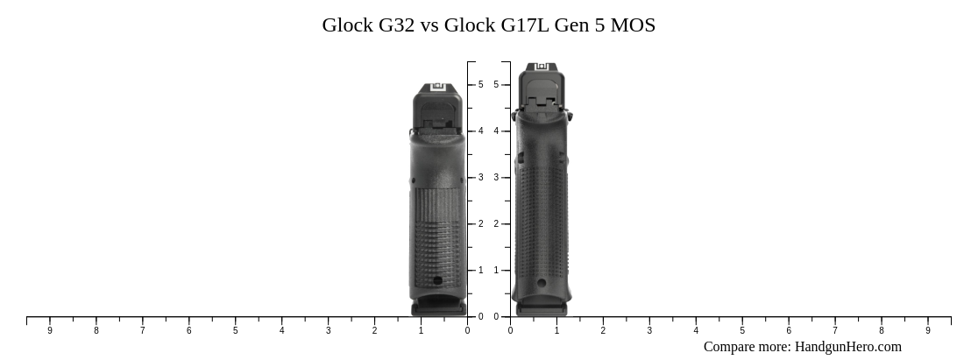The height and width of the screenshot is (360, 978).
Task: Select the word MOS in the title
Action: [x=632, y=25]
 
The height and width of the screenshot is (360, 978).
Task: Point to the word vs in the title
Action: [x=429, y=25]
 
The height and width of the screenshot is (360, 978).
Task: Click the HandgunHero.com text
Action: [x=847, y=347]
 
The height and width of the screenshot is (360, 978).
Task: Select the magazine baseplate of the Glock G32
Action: [x=438, y=308]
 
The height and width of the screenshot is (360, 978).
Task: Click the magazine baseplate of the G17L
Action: [x=542, y=309]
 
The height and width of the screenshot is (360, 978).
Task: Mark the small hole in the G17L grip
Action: [x=542, y=282]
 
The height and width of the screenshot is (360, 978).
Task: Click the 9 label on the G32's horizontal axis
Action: [x=50, y=330]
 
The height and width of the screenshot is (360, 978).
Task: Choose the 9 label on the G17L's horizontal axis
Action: [x=928, y=330]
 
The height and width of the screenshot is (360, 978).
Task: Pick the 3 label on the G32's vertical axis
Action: [x=480, y=178]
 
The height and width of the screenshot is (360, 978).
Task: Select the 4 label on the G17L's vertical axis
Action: [x=496, y=131]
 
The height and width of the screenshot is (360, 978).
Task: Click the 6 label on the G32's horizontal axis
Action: [x=189, y=330]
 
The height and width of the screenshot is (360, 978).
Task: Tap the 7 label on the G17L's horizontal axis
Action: [x=835, y=330]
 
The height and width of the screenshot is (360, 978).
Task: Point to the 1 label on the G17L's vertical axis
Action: [x=496, y=271]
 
